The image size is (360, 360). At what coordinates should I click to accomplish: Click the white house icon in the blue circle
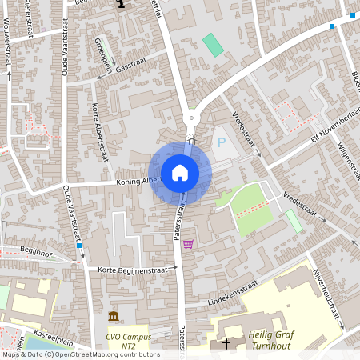pyautogui.click(x=180, y=173)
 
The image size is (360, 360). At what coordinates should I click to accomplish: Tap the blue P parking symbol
pyautogui.click(x=221, y=142)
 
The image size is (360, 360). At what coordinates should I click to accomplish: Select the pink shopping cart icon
pyautogui.click(x=188, y=243)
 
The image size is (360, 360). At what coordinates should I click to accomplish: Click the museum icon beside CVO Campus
pyautogui.click(x=113, y=315)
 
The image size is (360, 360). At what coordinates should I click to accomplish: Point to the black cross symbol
pyautogui.click(x=226, y=344)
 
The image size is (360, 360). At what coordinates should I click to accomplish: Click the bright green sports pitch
pyautogui.click(x=213, y=45)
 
